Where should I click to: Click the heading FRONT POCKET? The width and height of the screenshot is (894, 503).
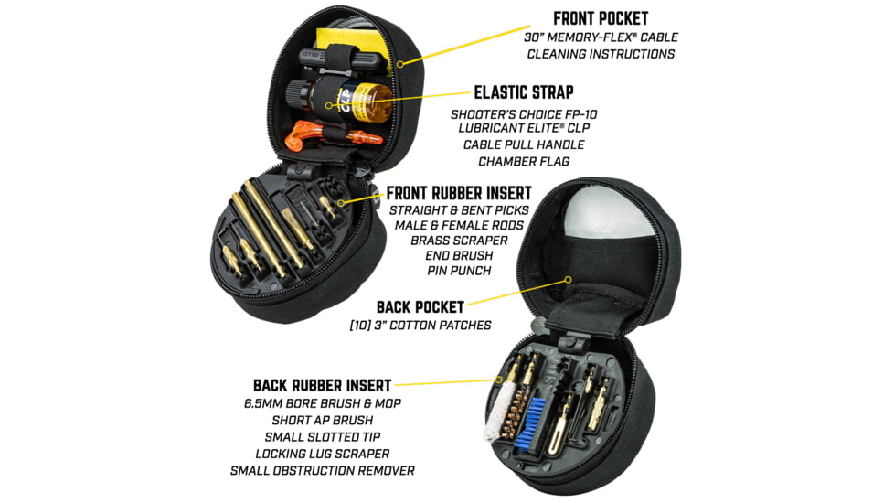point(601,19)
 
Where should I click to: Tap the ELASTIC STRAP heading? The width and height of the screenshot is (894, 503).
point(524,92)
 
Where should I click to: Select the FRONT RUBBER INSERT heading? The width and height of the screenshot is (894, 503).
point(459,193)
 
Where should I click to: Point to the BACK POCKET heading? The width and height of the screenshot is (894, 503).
point(420,307)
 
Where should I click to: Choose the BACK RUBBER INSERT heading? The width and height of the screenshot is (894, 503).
point(322,386)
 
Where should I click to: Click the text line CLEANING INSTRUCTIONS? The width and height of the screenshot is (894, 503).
point(601,54)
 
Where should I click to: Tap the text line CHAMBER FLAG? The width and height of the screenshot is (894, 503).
point(524,162)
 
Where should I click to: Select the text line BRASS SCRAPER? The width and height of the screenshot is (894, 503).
point(459,241)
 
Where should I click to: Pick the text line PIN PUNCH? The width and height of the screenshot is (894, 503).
point(459,271)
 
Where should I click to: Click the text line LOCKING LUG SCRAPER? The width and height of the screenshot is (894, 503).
point(322,454)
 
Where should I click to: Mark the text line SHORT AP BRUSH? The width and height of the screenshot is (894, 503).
point(322,421)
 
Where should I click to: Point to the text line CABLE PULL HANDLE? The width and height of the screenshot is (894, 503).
point(524,144)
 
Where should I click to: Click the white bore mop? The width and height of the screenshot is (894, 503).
point(495,413)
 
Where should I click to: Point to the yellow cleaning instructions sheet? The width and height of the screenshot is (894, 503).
point(354,51)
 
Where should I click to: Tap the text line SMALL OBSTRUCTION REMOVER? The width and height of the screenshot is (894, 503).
point(322,471)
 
